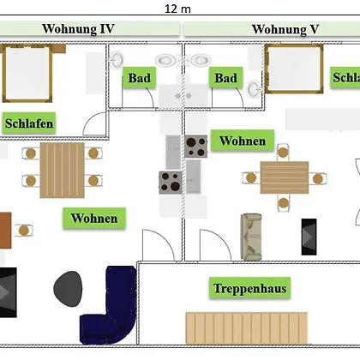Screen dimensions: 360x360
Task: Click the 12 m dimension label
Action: [177, 9]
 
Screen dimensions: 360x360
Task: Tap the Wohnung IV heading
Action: [78, 29]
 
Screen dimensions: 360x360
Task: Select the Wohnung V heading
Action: [285, 29]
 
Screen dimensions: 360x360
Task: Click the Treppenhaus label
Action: [249, 288]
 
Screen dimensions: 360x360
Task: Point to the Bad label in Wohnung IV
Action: [140, 78]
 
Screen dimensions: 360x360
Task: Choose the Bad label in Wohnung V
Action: [226, 78]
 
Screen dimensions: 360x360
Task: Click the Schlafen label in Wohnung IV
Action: [29, 123]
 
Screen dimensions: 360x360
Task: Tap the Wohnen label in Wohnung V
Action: [243, 141]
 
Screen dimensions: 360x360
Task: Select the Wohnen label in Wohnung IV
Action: [94, 219]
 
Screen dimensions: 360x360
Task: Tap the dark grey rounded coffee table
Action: [68, 289]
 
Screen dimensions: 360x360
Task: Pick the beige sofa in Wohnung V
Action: [251, 237]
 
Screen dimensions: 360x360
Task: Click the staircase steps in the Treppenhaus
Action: [247, 328]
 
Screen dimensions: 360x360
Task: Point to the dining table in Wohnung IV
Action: [63, 170]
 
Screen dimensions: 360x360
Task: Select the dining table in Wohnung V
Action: [285, 177]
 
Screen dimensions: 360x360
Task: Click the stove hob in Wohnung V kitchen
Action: [196, 147]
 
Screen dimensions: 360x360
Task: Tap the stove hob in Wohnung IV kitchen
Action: [171, 183]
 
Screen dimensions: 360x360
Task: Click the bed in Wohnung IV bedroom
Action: [27, 73]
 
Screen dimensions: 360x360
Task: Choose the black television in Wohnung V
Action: [309, 237]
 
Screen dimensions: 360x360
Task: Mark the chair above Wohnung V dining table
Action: [283, 152]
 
